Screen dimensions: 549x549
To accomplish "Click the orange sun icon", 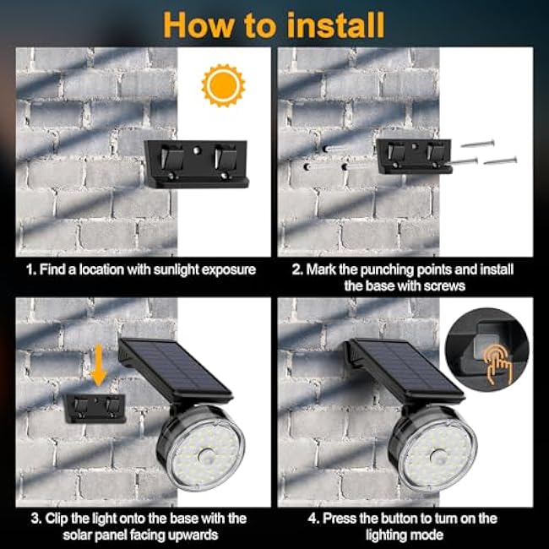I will (223, 86).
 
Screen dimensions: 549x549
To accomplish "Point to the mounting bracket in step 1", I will (196, 163).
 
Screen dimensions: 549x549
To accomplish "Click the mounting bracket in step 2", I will (414, 157).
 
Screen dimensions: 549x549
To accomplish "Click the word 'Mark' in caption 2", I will (320, 270).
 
